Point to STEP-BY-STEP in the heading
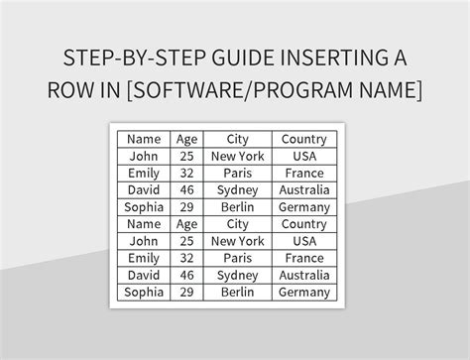click(x=127, y=57)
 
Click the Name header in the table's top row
click(x=144, y=139)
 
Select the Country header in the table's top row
click(x=304, y=139)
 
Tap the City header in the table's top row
click(x=237, y=139)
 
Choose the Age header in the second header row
click(x=186, y=224)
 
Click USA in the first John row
click(x=304, y=156)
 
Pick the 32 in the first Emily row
click(x=186, y=173)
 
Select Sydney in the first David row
click(x=237, y=189)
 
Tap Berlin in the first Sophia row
click(x=237, y=207)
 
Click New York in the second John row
click(x=237, y=241)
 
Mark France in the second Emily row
click(x=304, y=258)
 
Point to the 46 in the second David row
click(x=186, y=275)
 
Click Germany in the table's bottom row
click(x=304, y=293)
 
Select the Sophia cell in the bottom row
click(x=144, y=293)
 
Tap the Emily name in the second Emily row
click(x=144, y=258)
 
